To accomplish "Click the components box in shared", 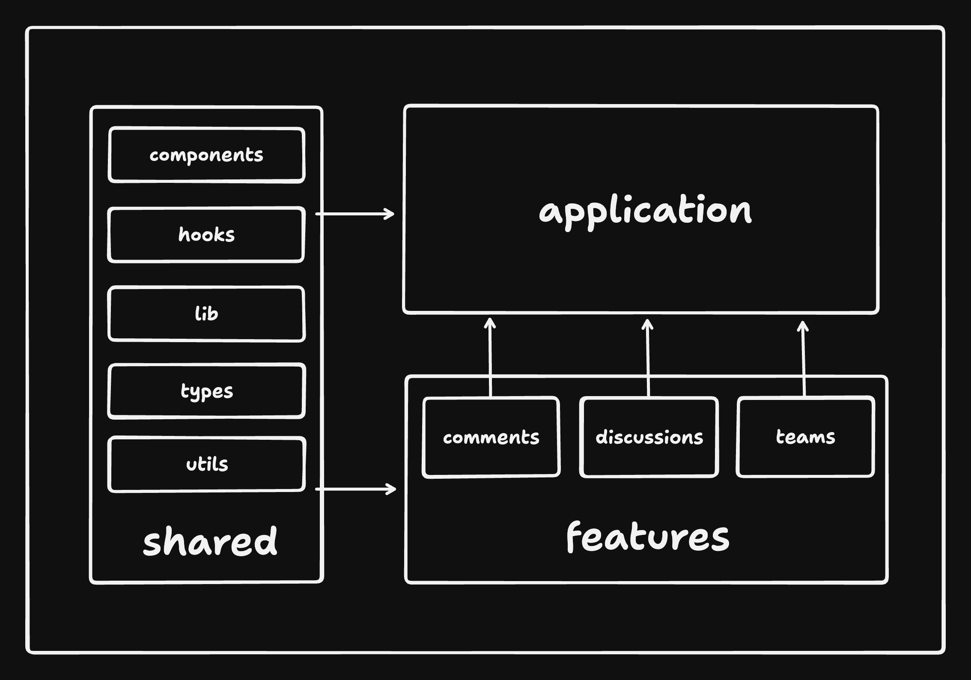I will tap(206, 155).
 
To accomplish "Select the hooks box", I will tap(206, 235).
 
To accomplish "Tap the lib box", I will tap(206, 314).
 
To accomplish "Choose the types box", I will tap(206, 391).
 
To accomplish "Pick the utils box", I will tap(206, 464).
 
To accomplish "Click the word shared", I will tap(210, 542).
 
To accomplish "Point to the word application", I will tap(645, 211).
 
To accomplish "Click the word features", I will tap(648, 537).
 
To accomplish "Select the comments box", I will tap(491, 437).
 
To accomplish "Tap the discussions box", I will tap(649, 437).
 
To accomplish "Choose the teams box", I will tap(805, 437).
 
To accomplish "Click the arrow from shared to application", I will tap(354, 214).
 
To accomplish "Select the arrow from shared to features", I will tap(355, 489).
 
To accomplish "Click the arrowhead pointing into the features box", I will tap(393, 489).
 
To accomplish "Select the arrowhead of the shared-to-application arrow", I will tap(391, 214).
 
